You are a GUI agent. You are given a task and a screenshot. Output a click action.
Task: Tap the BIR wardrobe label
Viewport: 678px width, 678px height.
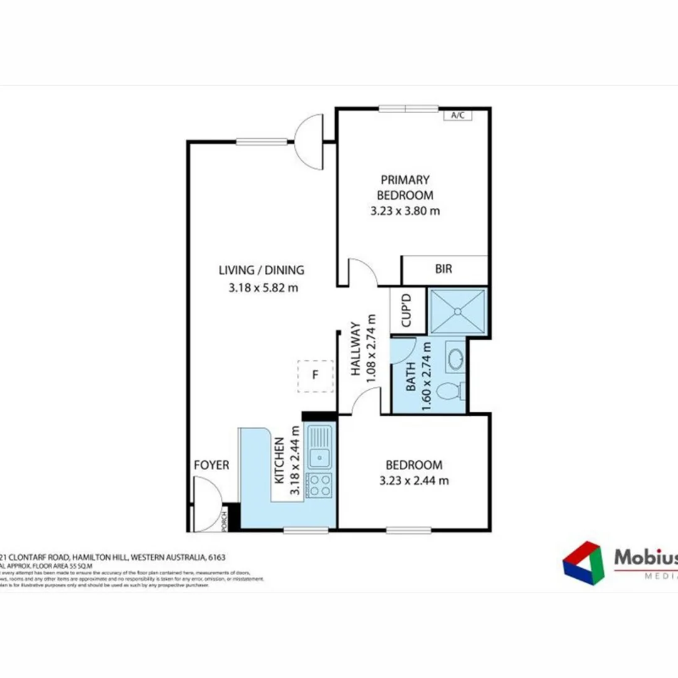coord(443,269)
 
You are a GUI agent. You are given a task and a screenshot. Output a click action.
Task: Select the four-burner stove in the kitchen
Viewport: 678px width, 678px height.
coord(320,484)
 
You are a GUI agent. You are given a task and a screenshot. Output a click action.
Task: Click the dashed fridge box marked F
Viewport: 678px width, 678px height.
coord(315,376)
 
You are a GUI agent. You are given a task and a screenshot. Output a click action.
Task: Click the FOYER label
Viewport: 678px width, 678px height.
coord(212,465)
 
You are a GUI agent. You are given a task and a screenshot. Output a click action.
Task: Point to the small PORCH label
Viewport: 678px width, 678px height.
coord(223,520)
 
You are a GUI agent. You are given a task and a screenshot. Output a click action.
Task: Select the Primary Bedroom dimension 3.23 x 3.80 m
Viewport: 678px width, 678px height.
coord(405,211)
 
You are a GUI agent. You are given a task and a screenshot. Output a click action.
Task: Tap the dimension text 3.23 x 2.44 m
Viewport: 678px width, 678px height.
coord(414,482)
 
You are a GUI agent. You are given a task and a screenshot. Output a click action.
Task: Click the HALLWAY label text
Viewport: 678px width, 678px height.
coord(355,348)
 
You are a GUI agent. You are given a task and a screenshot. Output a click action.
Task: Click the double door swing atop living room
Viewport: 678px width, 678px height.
coord(309,142)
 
